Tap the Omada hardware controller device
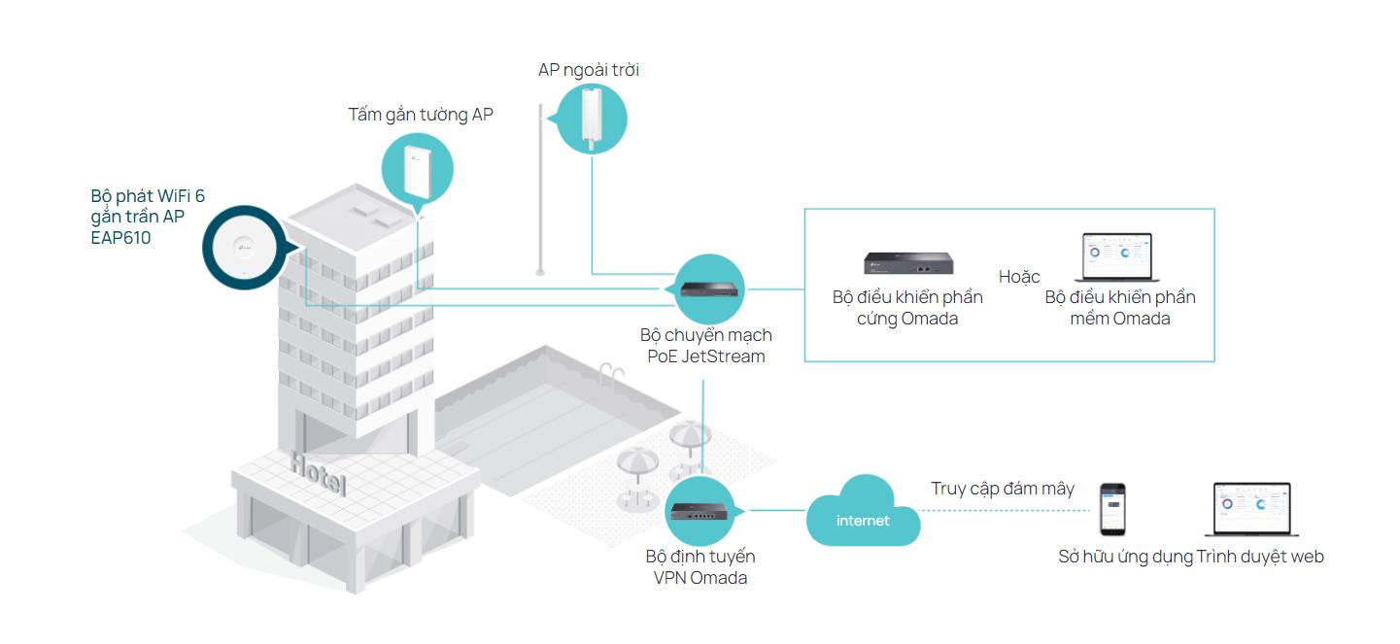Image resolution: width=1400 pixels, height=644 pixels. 907,262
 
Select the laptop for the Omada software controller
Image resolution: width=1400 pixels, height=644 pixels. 1117,257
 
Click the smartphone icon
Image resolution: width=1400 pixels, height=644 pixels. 1112,510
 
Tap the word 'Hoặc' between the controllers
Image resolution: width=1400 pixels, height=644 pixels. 1019,277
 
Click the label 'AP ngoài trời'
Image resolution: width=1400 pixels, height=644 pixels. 589,70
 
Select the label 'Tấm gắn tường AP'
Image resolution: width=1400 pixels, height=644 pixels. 421,115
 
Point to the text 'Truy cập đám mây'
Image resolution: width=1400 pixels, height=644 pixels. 1003,488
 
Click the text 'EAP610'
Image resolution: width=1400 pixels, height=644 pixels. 120,237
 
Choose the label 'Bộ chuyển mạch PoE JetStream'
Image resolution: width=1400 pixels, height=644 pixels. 706,345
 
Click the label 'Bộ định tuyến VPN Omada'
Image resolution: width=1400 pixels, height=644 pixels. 700,567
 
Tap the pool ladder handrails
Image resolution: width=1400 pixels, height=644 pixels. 609,372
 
